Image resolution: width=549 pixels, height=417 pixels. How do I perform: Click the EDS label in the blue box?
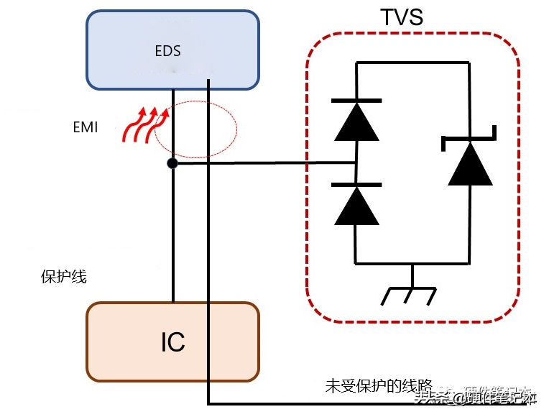pyautogui.click(x=167, y=51)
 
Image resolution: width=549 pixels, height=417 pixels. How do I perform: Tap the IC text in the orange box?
pyautogui.click(x=172, y=342)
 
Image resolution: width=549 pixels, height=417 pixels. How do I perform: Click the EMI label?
pyautogui.click(x=86, y=127)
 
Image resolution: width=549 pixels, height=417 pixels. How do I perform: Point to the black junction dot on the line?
pyautogui.click(x=172, y=164)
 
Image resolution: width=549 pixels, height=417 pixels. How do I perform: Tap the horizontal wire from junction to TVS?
pyautogui.click(x=266, y=163)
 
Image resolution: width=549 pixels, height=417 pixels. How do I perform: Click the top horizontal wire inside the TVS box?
pyautogui.click(x=413, y=63)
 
